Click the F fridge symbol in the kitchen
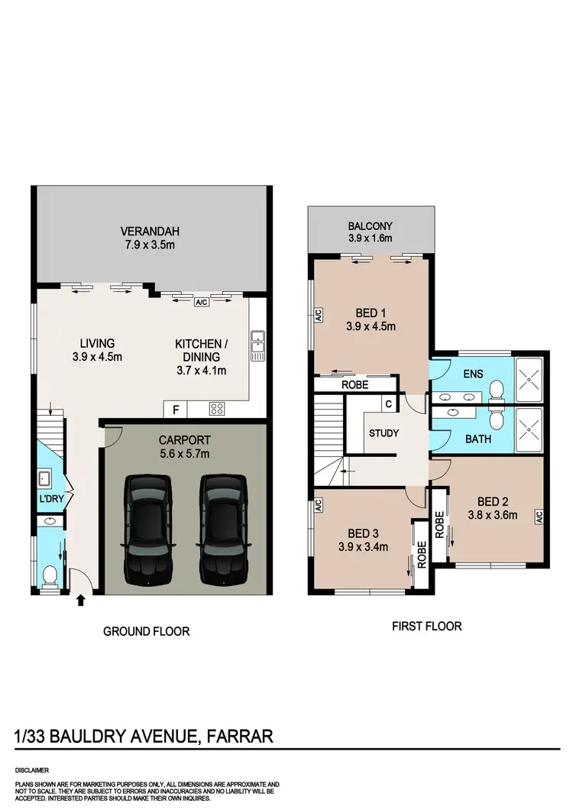click(176, 410)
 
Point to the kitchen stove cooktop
click(216, 410)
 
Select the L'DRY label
click(50, 499)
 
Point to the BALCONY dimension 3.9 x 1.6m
click(370, 238)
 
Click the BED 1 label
click(370, 313)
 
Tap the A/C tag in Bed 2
click(539, 517)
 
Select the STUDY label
click(384, 433)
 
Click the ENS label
click(474, 376)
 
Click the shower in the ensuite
click(529, 377)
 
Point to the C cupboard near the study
click(389, 403)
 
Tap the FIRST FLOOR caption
click(426, 626)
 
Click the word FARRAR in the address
click(238, 737)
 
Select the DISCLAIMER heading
click(33, 770)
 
